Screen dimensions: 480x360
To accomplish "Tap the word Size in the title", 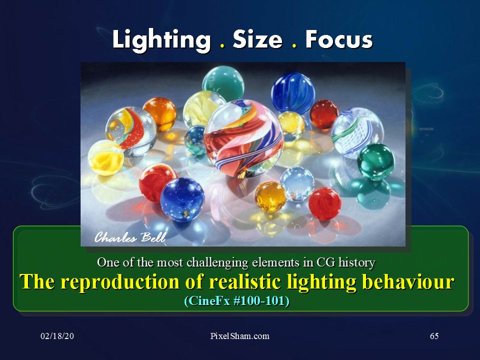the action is click(257, 39).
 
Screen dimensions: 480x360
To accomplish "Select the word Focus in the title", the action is click(339, 39).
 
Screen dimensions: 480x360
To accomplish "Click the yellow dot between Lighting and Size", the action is click(222, 46).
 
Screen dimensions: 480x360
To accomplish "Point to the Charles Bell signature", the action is click(130, 237).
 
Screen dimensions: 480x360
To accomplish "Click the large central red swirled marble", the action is click(243, 138).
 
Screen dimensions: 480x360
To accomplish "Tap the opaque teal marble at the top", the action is click(223, 83).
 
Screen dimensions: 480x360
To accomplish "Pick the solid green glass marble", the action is click(376, 161).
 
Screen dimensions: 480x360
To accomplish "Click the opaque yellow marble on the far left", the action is click(106, 157).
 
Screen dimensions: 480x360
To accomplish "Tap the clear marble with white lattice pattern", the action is click(357, 133).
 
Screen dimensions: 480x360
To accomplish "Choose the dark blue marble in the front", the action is click(182, 199).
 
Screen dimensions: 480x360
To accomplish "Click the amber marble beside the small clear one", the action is click(270, 196).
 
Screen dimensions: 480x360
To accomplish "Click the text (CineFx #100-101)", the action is click(236, 301).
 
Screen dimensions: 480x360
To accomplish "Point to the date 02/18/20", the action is click(57, 336).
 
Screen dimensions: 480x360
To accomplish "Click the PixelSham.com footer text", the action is click(239, 336).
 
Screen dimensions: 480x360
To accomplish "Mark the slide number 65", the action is click(434, 336).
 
